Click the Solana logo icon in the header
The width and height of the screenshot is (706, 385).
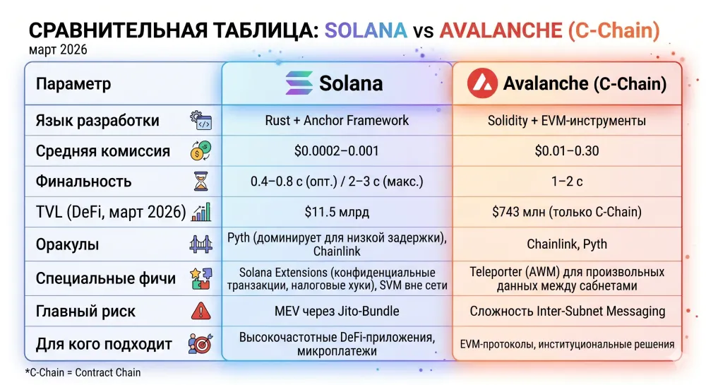[x=298, y=83]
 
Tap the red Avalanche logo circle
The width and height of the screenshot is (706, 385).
[x=481, y=83]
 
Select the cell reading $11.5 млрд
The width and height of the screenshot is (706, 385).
[x=337, y=211]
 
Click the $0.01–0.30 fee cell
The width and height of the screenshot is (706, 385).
[x=567, y=150]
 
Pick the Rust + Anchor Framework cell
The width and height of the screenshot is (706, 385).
[x=337, y=120]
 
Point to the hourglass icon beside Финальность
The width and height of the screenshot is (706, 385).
[x=201, y=181]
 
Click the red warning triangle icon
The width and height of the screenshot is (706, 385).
[x=201, y=311]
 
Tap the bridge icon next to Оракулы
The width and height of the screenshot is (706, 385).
[x=201, y=244]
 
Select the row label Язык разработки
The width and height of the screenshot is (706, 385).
[x=97, y=120]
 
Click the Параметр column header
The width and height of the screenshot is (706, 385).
[x=73, y=84]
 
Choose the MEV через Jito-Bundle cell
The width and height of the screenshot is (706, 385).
[x=337, y=311]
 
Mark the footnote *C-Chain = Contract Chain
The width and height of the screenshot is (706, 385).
[x=83, y=372]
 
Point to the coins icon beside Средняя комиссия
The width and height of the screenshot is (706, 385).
[x=201, y=150]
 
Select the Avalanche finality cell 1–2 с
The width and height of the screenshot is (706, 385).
[x=567, y=181]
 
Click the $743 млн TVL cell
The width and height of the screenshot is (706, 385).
[x=567, y=211]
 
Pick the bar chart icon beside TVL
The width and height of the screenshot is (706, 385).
[x=201, y=211]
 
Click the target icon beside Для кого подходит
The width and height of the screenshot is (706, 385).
[x=201, y=344]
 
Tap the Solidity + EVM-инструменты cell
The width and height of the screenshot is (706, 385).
[x=567, y=120]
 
